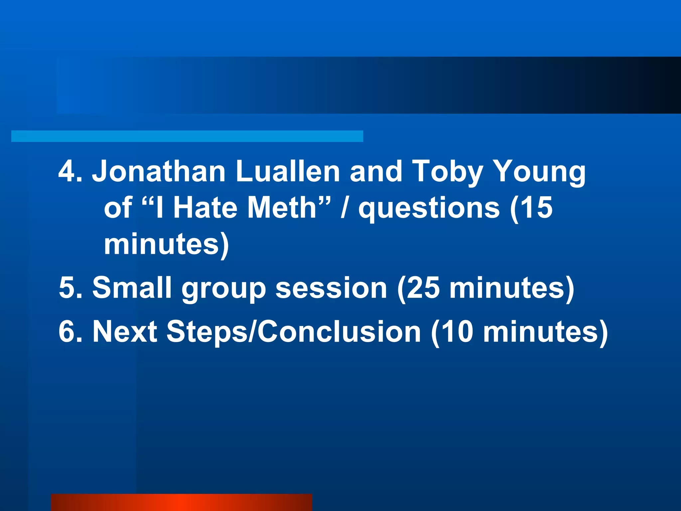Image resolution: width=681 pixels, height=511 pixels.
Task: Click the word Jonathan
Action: click(x=159, y=171)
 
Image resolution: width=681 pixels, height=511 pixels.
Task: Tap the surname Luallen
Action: click(x=288, y=171)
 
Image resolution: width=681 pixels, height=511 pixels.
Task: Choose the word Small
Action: click(x=132, y=287)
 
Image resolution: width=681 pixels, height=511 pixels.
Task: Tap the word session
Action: click(x=331, y=287)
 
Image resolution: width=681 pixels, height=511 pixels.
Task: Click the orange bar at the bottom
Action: click(x=182, y=502)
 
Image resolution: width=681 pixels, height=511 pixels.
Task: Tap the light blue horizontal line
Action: click(x=187, y=136)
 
